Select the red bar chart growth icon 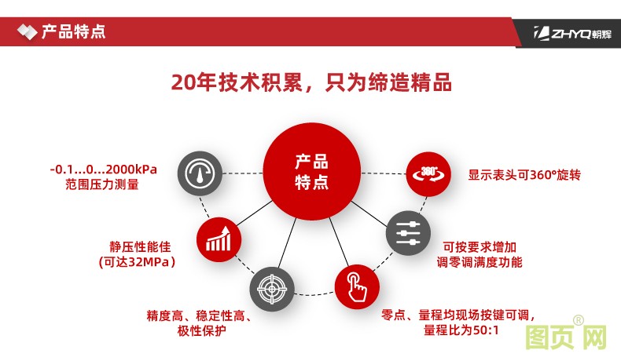click(218, 239)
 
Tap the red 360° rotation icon click(428, 173)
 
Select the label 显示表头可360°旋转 click(524, 175)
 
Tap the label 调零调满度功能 click(480, 261)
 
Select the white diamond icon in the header click(27, 32)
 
